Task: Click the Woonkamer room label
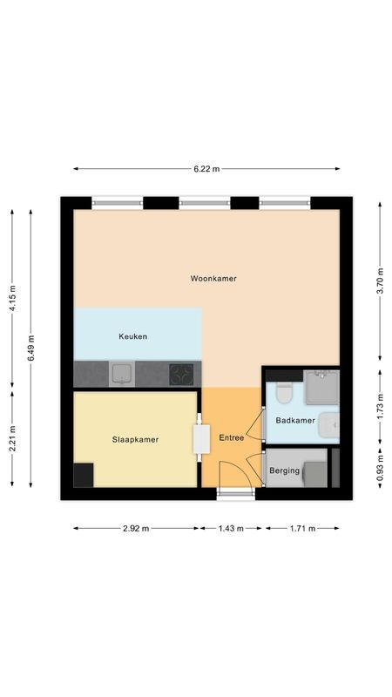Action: pos(213,279)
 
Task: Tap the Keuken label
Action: pos(132,336)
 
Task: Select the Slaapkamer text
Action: pos(135,440)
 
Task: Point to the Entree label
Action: pos(231,438)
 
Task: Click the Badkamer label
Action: pos(294,420)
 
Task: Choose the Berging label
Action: pos(284,471)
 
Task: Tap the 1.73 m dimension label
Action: pos(379,407)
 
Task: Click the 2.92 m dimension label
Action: pos(136,528)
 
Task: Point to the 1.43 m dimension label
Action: pos(231,528)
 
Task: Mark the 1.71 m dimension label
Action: pos(301,528)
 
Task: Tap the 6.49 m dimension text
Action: pos(31,348)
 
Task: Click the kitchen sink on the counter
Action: pos(120,375)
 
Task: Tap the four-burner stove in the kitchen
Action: pos(182,375)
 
